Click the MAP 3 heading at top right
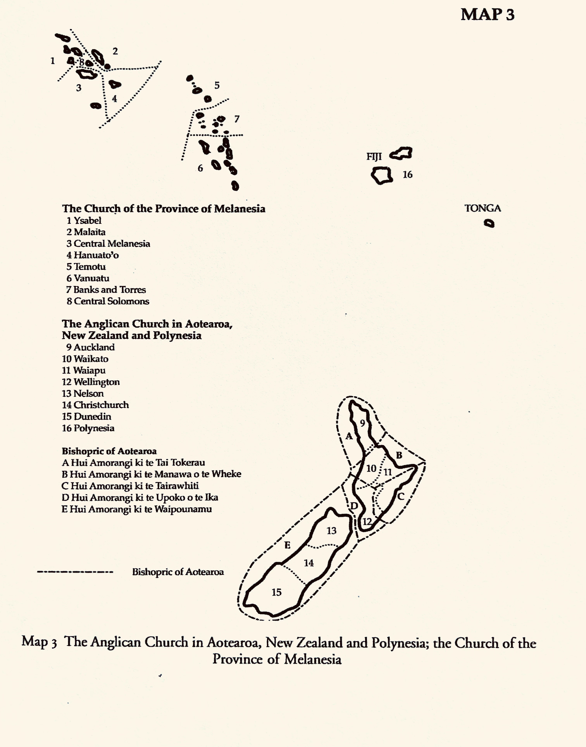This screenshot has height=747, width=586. [x=487, y=14]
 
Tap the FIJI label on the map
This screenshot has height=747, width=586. [x=374, y=157]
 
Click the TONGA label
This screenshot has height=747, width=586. [x=482, y=208]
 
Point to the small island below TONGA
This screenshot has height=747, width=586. [x=489, y=224]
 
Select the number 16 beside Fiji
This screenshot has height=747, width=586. [x=407, y=175]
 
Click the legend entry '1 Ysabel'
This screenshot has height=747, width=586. [x=84, y=220]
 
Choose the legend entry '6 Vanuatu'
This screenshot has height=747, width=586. [x=88, y=278]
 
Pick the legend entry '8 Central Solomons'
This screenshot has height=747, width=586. [x=108, y=301]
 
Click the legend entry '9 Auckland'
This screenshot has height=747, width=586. [x=90, y=347]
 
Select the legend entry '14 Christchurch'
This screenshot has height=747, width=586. [x=95, y=405]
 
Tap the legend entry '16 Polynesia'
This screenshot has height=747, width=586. [x=88, y=428]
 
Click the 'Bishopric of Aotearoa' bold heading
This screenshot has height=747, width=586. [x=109, y=451]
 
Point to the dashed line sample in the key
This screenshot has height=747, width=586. [x=75, y=572]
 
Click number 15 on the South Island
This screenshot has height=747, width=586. [x=277, y=592]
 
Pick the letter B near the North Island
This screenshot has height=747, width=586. [x=399, y=455]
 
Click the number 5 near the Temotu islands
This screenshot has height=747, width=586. [x=217, y=85]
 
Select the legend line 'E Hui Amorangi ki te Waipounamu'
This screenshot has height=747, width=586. [x=137, y=509]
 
